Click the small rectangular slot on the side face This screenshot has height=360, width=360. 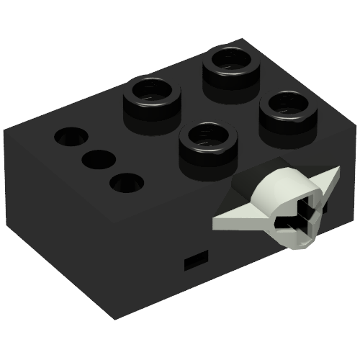coord(195,261)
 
